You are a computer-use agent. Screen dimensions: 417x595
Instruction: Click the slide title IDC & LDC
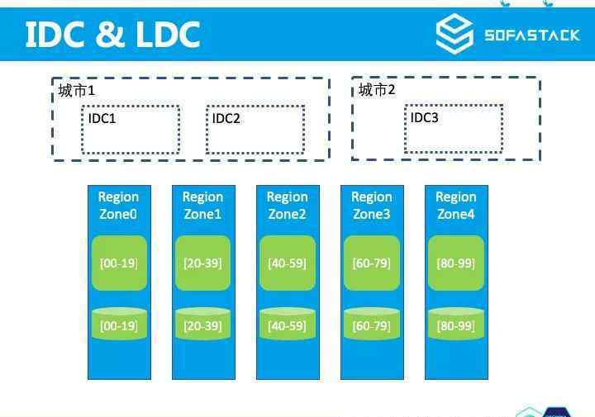tap(112, 35)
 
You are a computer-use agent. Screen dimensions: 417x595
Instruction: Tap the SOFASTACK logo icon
tap(455, 35)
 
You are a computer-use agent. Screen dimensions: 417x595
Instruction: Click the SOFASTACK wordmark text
tap(531, 36)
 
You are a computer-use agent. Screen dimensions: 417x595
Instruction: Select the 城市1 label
tap(76, 91)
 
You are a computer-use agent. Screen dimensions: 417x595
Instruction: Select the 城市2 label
tap(377, 90)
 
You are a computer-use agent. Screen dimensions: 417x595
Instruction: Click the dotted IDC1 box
tap(131, 130)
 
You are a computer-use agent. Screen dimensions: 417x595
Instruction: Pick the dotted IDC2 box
tap(255, 130)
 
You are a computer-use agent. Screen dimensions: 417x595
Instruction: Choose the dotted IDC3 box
tap(453, 129)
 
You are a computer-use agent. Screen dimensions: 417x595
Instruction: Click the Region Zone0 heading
tap(118, 206)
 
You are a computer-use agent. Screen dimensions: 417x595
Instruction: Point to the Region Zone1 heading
tap(202, 206)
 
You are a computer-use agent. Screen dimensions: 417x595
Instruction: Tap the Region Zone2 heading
tap(287, 206)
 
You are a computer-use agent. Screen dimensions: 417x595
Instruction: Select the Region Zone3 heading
tap(371, 206)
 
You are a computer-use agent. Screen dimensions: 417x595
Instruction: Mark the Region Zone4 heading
tap(455, 206)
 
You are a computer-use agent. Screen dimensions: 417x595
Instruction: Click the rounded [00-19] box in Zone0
tap(118, 263)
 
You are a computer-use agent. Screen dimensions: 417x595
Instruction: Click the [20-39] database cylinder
tap(202, 325)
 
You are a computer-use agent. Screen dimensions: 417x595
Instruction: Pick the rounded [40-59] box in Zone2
tap(287, 263)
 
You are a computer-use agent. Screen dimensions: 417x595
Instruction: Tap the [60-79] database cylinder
tap(371, 325)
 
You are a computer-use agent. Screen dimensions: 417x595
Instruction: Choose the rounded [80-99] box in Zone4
tap(455, 263)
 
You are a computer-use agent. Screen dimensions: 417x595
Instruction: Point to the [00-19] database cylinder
tap(118, 325)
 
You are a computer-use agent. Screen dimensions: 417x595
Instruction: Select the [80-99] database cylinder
tap(455, 325)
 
